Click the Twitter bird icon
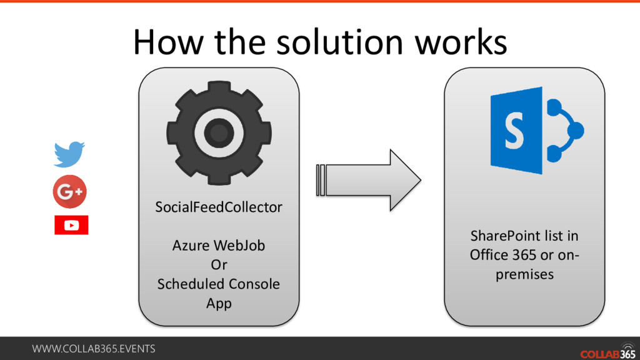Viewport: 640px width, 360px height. click(x=69, y=154)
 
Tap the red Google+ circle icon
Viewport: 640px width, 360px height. click(x=69, y=192)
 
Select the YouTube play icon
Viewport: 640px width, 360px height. click(x=71, y=225)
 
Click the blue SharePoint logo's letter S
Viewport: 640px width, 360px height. click(x=514, y=131)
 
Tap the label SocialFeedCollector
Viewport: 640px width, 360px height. click(x=219, y=207)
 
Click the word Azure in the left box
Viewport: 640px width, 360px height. click(x=191, y=246)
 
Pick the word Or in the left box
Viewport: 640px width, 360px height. click(x=219, y=265)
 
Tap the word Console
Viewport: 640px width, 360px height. click(x=254, y=284)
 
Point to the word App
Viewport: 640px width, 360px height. click(x=219, y=304)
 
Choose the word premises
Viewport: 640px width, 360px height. click(x=525, y=275)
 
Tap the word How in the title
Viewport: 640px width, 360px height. click(x=165, y=42)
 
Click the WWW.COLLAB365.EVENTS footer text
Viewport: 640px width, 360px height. click(x=94, y=349)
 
